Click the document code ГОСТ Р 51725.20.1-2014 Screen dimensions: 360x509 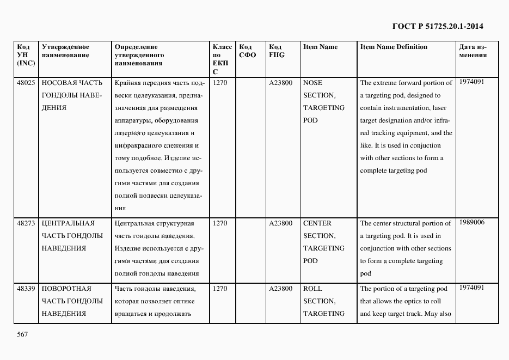tap(438, 26)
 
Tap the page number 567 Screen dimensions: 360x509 tap(22, 334)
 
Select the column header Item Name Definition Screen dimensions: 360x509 tap(394, 47)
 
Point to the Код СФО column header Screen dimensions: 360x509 tap(247, 51)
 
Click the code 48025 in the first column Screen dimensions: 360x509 tap(26, 83)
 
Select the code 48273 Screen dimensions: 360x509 tap(26, 223)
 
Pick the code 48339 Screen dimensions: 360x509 tap(26, 289)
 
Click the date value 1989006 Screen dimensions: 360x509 tap(471, 222)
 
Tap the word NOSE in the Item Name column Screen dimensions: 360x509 tap(312, 83)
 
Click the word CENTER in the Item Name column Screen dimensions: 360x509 tap(317, 223)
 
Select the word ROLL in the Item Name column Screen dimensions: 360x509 tap(312, 289)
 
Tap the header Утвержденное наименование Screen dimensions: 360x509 tap(65, 51)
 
